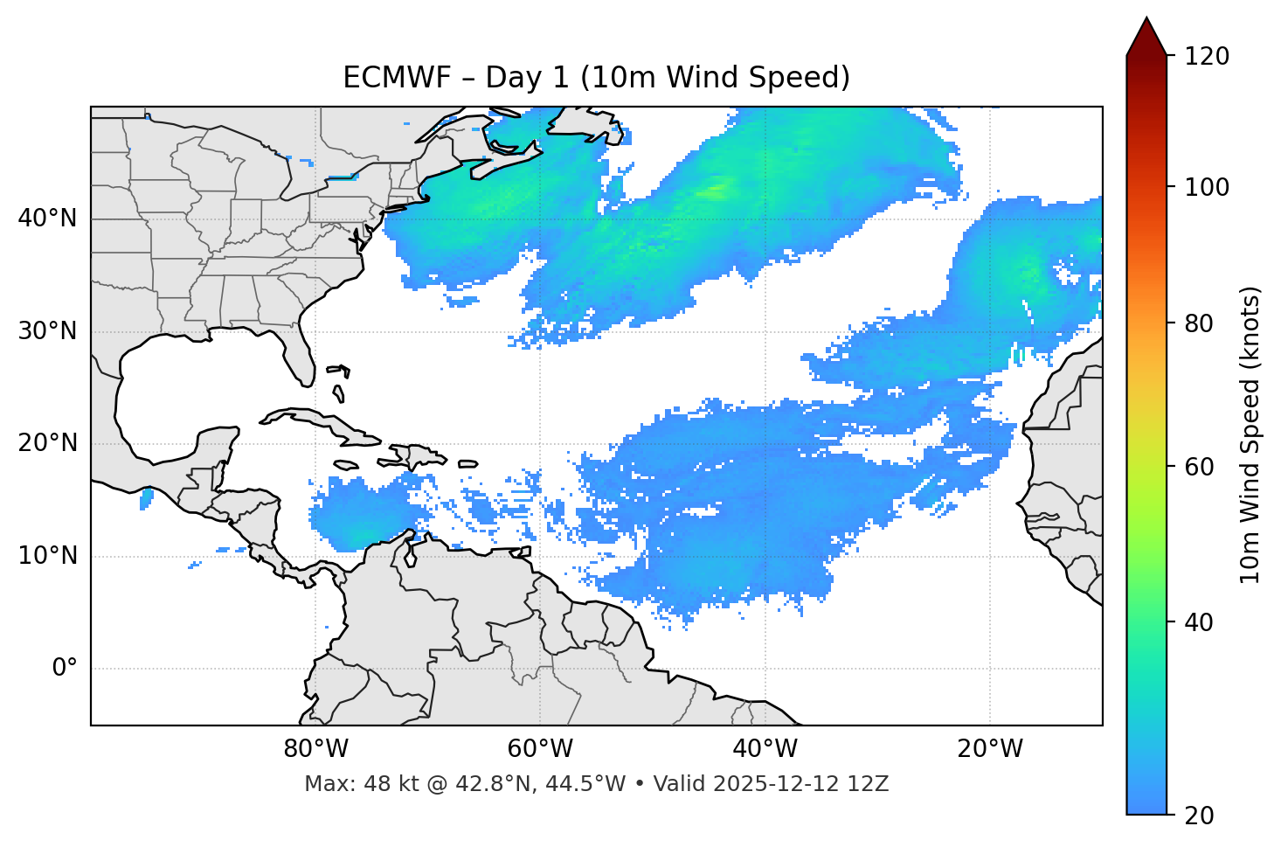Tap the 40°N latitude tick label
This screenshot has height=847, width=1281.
click(x=47, y=219)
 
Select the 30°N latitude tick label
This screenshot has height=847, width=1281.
click(x=47, y=331)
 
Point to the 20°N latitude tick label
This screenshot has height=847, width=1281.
click(x=47, y=443)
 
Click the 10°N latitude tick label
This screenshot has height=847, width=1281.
click(x=47, y=556)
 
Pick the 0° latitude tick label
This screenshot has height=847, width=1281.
click(x=64, y=669)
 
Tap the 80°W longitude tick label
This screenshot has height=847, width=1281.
click(x=315, y=749)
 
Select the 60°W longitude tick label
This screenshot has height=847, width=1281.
click(x=540, y=749)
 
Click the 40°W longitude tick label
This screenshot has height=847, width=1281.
click(x=765, y=749)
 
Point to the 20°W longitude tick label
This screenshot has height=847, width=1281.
click(x=990, y=749)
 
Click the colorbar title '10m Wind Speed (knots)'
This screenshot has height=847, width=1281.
click(x=1250, y=434)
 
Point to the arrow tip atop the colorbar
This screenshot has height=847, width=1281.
click(x=1146, y=19)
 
